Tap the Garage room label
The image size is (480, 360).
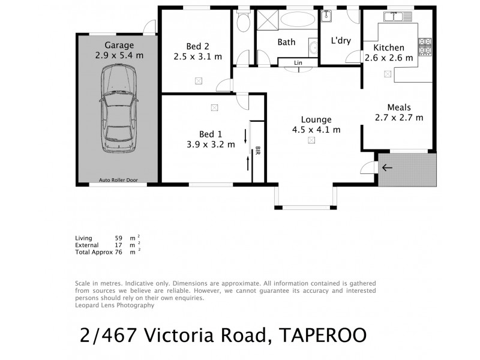(119, 45)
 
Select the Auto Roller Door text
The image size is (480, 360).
(119, 179)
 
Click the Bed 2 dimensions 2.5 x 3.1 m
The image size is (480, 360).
(198, 57)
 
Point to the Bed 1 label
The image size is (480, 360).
(211, 133)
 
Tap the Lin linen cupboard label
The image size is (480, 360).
(298, 62)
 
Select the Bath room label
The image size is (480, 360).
(287, 43)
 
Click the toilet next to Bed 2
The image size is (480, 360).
(243, 25)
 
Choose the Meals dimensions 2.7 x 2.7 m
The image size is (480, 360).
(399, 118)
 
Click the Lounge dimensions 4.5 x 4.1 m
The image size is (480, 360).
(316, 129)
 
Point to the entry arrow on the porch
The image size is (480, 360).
(388, 167)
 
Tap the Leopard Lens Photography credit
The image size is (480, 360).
(115, 305)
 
